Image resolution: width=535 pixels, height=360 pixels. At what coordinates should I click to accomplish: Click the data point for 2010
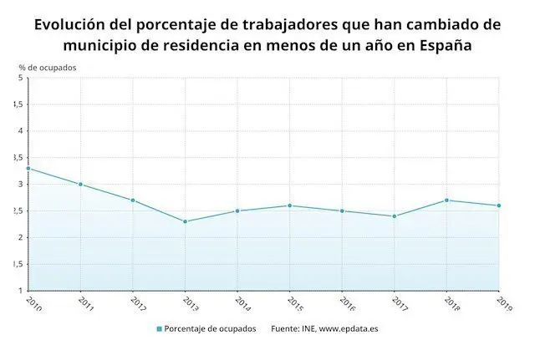pos(28,169)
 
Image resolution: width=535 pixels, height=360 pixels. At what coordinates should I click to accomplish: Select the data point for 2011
pos(80,185)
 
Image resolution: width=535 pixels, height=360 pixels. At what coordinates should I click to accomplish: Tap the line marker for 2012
pos(133,200)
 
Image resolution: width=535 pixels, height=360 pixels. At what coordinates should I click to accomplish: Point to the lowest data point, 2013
pos(185,221)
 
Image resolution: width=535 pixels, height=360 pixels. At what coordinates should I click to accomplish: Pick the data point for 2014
pos(237,211)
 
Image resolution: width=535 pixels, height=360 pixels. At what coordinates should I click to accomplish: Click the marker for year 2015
pos(289,205)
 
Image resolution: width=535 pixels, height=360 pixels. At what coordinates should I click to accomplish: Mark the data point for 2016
pos(342,211)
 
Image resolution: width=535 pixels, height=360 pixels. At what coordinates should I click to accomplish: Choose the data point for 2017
pos(394,216)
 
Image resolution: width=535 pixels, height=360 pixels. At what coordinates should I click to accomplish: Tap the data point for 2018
pos(446,200)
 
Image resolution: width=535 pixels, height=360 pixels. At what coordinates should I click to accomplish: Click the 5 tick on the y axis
pos(20,79)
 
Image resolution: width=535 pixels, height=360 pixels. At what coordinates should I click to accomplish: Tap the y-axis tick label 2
pos(20,237)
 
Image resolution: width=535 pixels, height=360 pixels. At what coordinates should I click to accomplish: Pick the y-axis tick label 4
pos(20,131)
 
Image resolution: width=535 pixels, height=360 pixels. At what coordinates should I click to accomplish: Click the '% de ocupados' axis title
pos(48,67)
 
